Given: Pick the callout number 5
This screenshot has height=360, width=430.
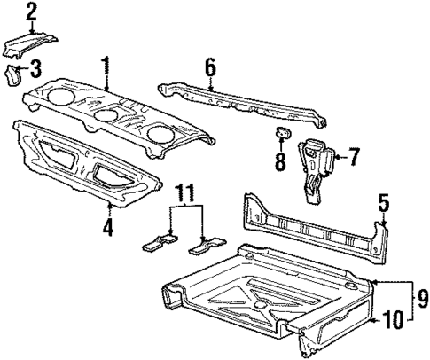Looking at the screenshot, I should click(x=383, y=203).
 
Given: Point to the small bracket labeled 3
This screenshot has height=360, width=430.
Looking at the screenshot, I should click(x=14, y=76).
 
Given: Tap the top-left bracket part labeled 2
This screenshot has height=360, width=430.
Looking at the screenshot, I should click(x=30, y=40).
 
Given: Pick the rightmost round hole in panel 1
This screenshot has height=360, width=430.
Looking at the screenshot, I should click(x=163, y=133).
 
